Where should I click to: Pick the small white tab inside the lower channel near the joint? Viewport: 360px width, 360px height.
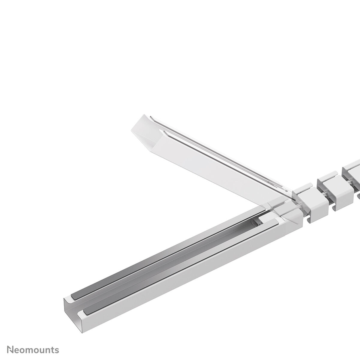[x=267, y=220]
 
